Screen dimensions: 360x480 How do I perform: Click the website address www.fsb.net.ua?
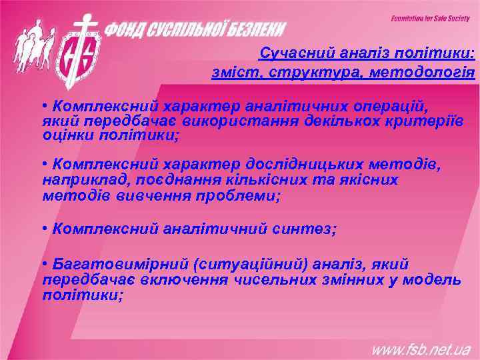[421, 349]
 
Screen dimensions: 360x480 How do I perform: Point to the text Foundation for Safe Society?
[430, 18]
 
